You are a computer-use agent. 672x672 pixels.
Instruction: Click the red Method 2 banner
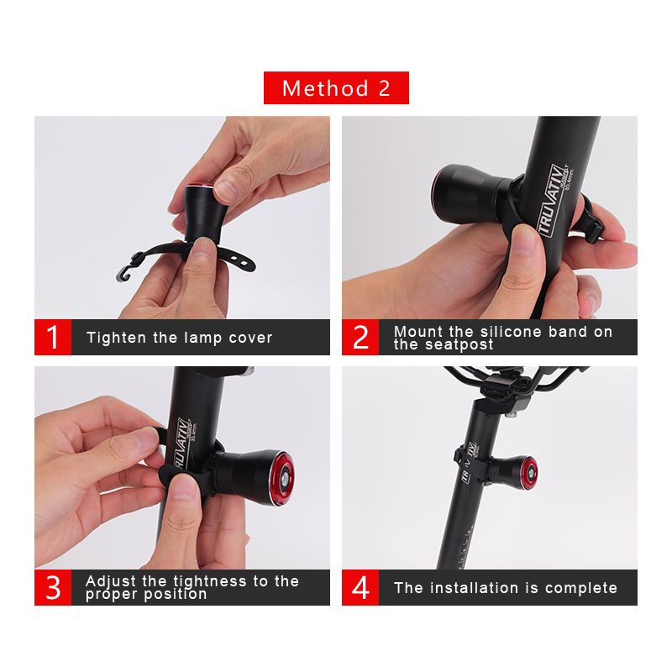(x=336, y=88)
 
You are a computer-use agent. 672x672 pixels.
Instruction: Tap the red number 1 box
(x=53, y=338)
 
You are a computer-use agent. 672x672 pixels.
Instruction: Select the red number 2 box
(x=360, y=338)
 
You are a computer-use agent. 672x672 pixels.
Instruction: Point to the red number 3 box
(x=53, y=587)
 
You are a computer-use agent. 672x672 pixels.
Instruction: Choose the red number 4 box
(x=360, y=587)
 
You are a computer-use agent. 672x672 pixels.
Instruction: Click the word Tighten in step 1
(x=116, y=338)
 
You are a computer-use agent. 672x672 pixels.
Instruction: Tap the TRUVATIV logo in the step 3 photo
(x=180, y=444)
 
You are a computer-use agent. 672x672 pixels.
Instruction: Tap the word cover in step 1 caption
(x=252, y=338)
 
